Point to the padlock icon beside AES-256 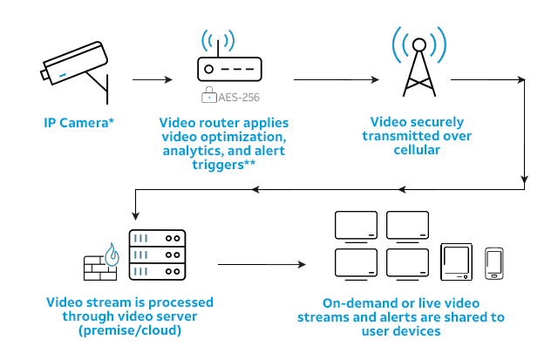coord(208,97)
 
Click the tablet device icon coord(457,262)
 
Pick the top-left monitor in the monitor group coord(356,226)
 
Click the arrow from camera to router coord(153,80)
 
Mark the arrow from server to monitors coord(262,263)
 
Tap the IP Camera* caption coord(79,123)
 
